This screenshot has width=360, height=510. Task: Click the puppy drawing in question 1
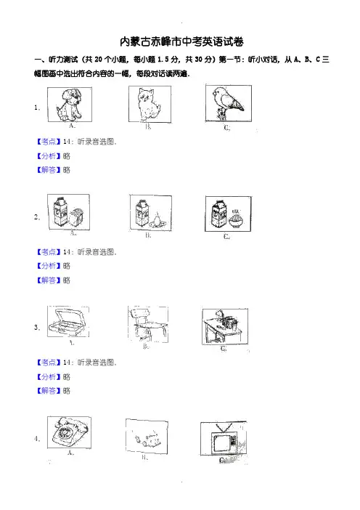pyautogui.click(x=70, y=105)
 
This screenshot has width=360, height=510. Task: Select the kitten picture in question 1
pyautogui.click(x=150, y=104)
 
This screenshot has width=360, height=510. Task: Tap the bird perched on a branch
pyautogui.click(x=228, y=103)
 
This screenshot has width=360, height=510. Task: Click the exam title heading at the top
pyautogui.click(x=181, y=41)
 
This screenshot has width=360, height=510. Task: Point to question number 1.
pyautogui.click(x=37, y=108)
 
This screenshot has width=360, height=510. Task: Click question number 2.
pyautogui.click(x=37, y=217)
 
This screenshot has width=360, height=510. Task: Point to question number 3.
pyautogui.click(x=37, y=327)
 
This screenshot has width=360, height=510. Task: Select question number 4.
pyautogui.click(x=37, y=439)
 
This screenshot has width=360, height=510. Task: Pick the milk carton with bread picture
pyautogui.click(x=68, y=212)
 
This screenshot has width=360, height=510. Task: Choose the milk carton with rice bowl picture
pyautogui.click(x=228, y=214)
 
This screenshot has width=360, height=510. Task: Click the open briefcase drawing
pyautogui.click(x=68, y=322)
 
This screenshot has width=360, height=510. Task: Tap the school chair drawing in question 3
pyautogui.click(x=148, y=324)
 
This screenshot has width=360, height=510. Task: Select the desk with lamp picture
pyautogui.click(x=224, y=326)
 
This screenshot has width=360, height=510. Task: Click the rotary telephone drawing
pyautogui.click(x=69, y=432)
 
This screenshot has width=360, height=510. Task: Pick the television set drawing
pyautogui.click(x=224, y=439)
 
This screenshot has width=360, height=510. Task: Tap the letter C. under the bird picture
pyautogui.click(x=226, y=128)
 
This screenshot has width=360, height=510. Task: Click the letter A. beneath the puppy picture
pyautogui.click(x=72, y=126)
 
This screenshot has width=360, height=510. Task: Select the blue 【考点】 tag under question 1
pyautogui.click(x=49, y=142)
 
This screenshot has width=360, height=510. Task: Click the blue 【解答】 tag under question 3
pyautogui.click(x=49, y=390)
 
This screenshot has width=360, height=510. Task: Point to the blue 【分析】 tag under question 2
pyautogui.click(x=49, y=266)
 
